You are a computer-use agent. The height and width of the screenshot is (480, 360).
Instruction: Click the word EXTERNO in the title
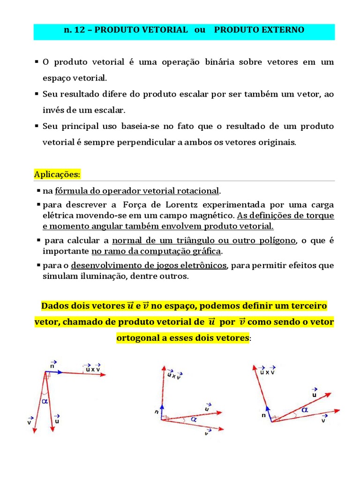pyautogui.click(x=283, y=30)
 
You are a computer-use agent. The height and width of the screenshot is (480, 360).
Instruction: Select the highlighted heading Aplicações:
pyautogui.click(x=57, y=174)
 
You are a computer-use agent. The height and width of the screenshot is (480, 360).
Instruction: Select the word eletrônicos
pyautogui.click(x=203, y=265)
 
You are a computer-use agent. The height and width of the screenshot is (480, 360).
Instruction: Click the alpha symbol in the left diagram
pyautogui.click(x=45, y=401)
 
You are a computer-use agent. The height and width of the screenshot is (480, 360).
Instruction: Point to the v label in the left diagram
pyautogui.click(x=30, y=422)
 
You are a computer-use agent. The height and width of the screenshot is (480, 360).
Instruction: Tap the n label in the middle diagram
pyautogui.click(x=157, y=412)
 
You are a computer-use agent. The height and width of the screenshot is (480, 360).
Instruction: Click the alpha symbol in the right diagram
pyautogui.click(x=305, y=410)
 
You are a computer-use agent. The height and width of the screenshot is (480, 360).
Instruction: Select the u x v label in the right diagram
pyautogui.click(x=268, y=372)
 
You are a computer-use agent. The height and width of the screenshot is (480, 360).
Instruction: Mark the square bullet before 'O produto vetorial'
pyautogui.click(x=37, y=62)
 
